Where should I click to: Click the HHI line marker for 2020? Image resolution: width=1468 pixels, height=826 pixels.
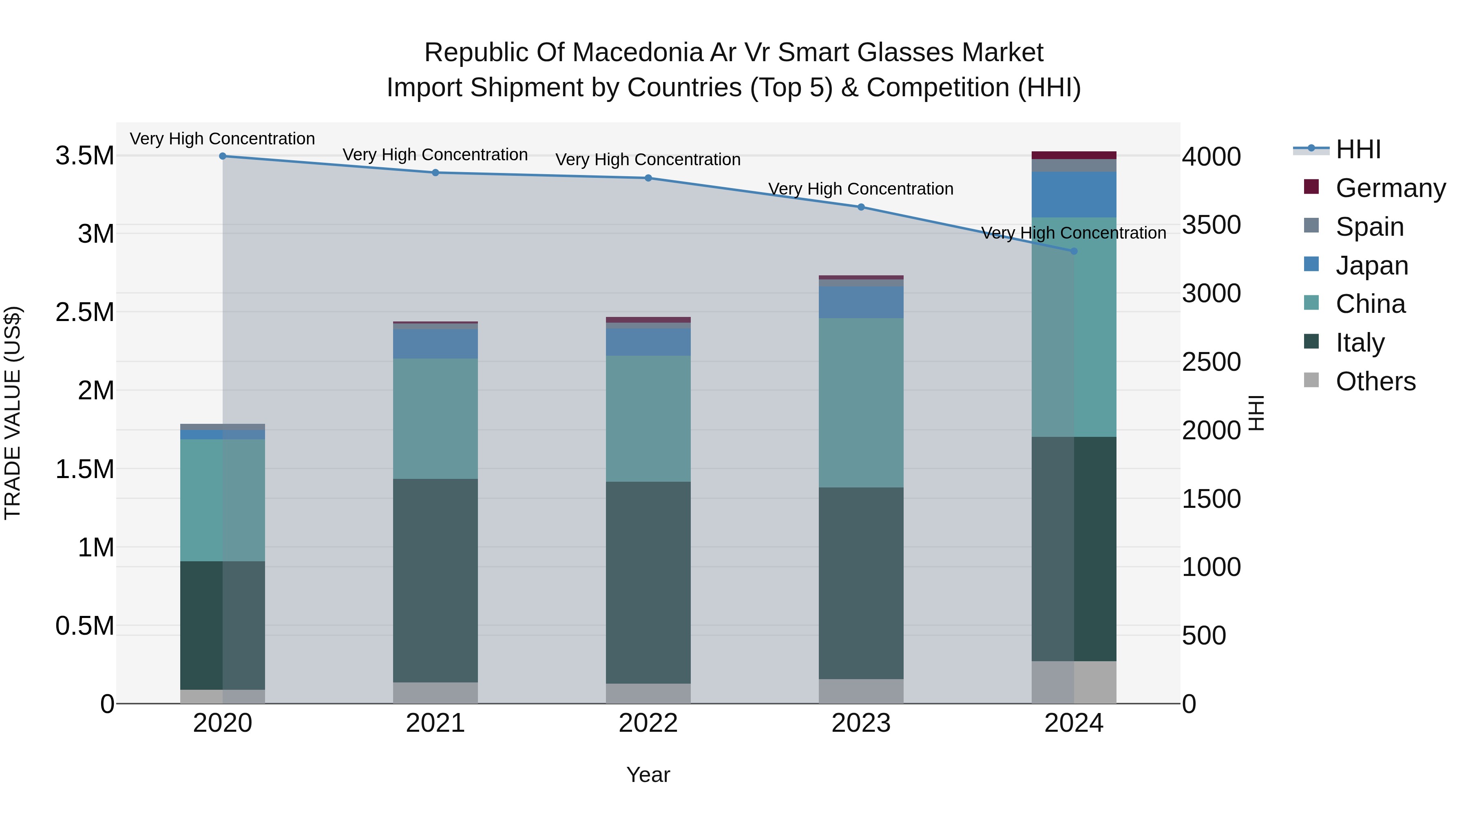tap(223, 156)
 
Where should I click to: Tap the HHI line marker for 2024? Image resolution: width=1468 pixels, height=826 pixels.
tap(1074, 251)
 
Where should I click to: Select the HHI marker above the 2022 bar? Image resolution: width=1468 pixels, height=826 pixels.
tap(648, 178)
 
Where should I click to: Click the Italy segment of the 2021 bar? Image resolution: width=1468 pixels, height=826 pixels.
tap(436, 580)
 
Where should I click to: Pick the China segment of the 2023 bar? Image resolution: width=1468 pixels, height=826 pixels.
tap(861, 403)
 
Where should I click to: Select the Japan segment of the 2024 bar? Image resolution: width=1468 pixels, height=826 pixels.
tap(1074, 195)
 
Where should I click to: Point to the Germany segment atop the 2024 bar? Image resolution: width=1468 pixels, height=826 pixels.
tap(1074, 155)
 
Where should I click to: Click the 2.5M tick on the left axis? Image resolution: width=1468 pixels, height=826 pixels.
tap(84, 312)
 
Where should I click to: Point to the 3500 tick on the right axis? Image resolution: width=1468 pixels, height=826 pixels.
tap(1211, 225)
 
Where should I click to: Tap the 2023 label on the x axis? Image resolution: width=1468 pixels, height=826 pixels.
tap(861, 723)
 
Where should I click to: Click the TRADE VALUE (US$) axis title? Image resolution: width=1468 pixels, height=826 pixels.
tap(13, 413)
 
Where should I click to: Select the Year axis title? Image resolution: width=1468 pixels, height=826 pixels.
tap(648, 775)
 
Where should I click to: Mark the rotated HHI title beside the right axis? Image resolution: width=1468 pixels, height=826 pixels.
tap(1256, 413)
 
